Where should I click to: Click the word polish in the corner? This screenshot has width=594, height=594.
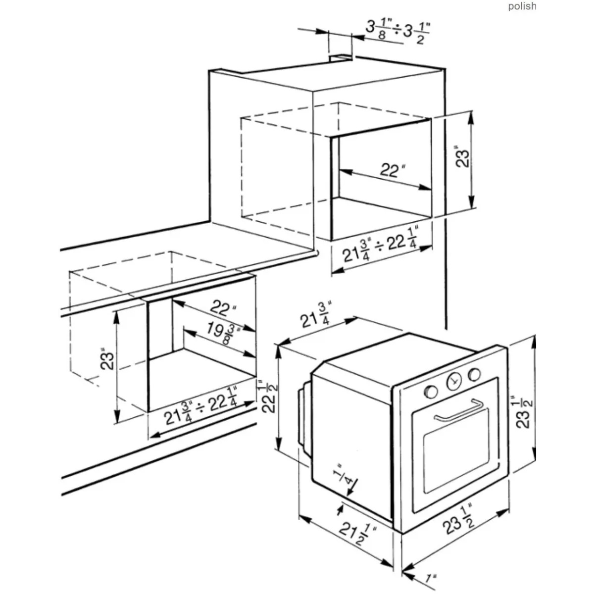tap(522, 6)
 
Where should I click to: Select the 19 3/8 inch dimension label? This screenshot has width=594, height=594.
tap(223, 333)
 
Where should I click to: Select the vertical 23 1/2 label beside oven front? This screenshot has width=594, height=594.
tap(524, 412)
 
